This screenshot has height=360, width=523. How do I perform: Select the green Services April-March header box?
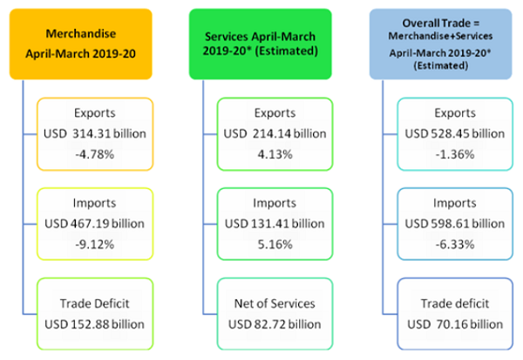[x=262, y=42]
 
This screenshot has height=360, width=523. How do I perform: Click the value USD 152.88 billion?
[x=97, y=325]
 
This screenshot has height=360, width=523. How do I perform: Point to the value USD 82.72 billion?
[x=275, y=325]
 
